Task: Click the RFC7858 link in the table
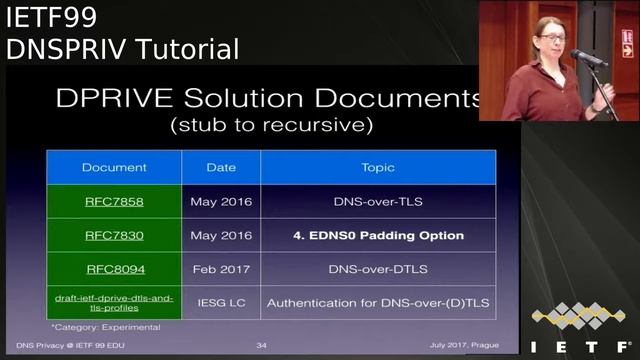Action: tap(113, 201)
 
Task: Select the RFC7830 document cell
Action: tap(113, 236)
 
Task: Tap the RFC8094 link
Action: tap(113, 269)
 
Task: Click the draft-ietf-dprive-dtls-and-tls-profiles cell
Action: tap(113, 302)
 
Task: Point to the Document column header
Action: tap(114, 167)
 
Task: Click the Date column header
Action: tap(221, 167)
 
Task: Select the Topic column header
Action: tap(377, 167)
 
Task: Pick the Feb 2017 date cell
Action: tap(221, 269)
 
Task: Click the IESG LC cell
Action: tap(221, 302)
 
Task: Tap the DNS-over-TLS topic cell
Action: tap(377, 201)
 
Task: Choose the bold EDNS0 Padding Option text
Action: tap(377, 236)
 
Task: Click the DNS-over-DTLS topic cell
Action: tap(377, 269)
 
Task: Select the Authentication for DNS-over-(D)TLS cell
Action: tap(377, 302)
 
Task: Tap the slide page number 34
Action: tap(261, 346)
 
